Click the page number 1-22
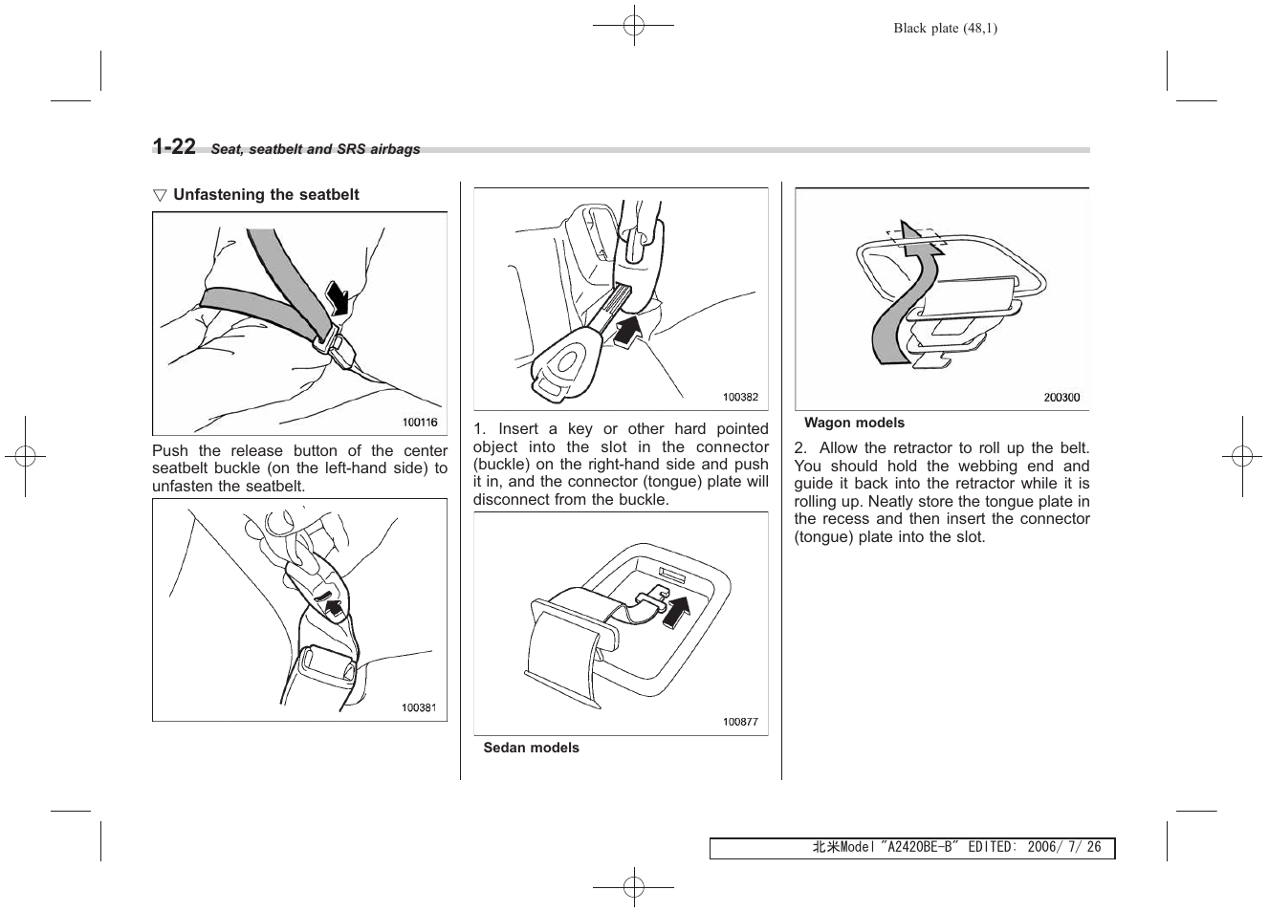pos(174,146)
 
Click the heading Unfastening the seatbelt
pos(266,195)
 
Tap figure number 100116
pos(419,422)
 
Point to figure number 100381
pos(418,707)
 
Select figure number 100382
pos(740,397)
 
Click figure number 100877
pos(740,722)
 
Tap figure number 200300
pos(1061,398)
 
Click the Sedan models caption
pos(531,749)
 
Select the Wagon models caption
pos(854,423)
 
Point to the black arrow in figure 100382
pos(628,333)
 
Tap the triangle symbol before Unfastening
pos(160,195)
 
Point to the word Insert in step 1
pos(518,429)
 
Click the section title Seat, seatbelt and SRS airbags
pos(316,149)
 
